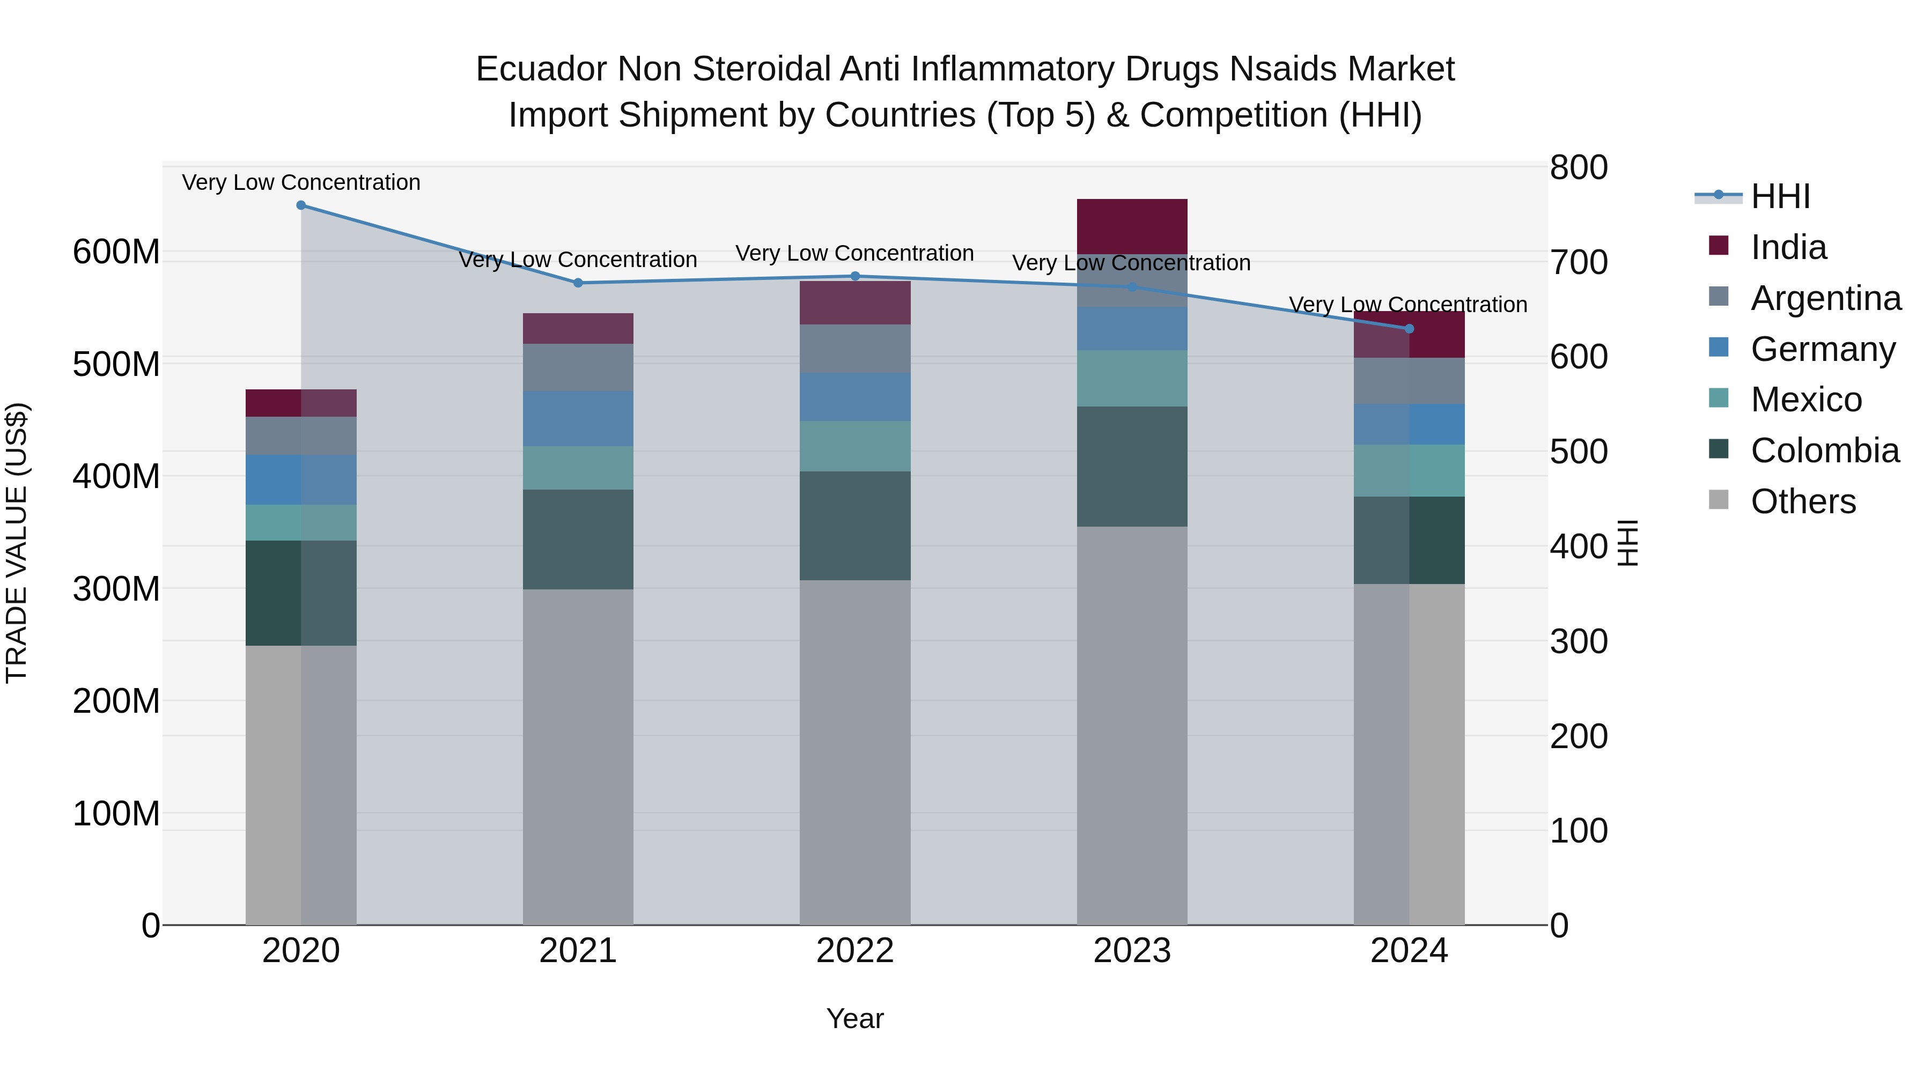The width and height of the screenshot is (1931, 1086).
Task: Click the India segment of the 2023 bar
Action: coord(1132,226)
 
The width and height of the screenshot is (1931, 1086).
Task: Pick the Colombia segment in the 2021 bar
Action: coord(578,540)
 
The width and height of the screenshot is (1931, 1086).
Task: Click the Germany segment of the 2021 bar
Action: coord(578,419)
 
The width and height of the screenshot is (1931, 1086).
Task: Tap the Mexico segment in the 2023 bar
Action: coord(1132,379)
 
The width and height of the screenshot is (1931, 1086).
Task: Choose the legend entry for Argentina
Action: coord(1825,298)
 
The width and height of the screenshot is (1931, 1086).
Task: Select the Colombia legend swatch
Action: coord(1718,450)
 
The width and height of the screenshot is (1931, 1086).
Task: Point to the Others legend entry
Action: coord(1803,501)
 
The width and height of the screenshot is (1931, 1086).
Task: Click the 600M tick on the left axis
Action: coord(116,252)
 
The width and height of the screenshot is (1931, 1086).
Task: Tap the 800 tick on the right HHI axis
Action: coord(1578,168)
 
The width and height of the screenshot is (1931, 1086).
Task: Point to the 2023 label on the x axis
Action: coord(1132,951)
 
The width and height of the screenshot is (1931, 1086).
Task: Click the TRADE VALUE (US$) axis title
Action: coord(17,543)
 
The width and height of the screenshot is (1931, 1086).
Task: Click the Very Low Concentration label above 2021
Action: coord(578,260)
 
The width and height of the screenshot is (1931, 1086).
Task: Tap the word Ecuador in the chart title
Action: coord(541,70)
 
